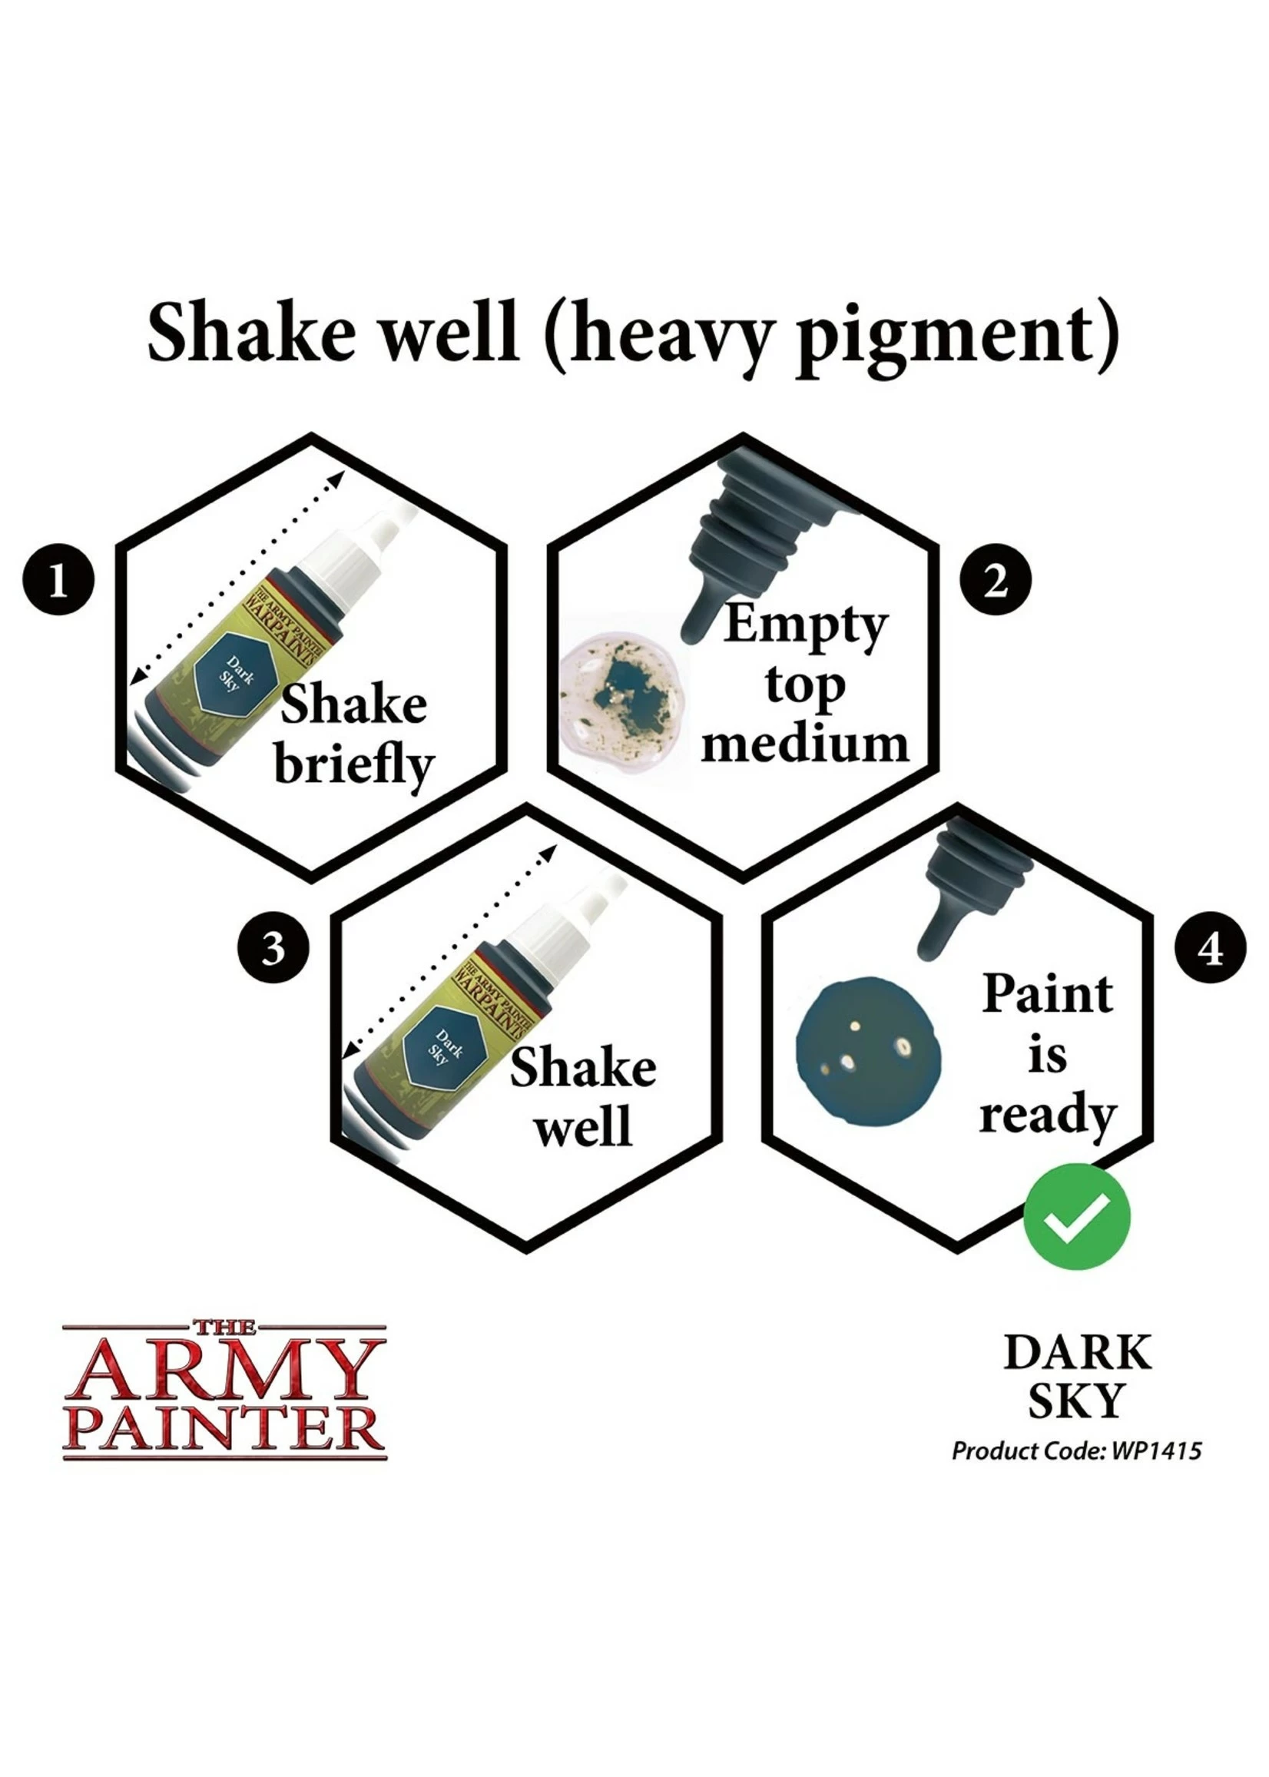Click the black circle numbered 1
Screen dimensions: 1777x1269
pos(58,580)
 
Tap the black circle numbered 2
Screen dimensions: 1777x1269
pos(995,580)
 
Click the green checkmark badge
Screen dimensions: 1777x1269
pos(1076,1216)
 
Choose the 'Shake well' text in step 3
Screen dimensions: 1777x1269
pos(583,1096)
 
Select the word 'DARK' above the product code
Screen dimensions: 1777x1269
pos(1077,1354)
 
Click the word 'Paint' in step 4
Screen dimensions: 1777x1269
pos(1047,994)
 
